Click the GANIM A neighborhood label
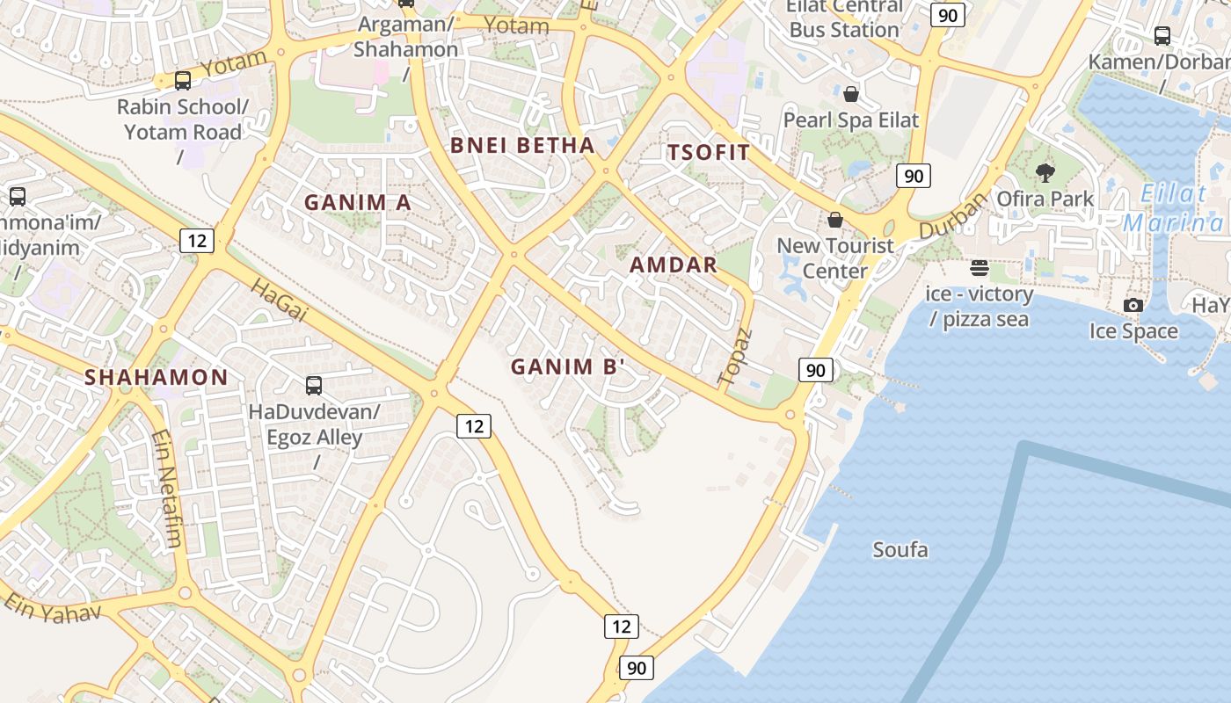(357, 202)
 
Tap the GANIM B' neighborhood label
(567, 366)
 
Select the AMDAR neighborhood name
(674, 265)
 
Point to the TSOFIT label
(709, 152)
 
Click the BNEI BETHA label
(522, 145)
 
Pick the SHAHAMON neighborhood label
(156, 378)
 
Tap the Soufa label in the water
(900, 550)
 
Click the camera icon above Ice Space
(1133, 305)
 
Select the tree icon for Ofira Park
(1045, 172)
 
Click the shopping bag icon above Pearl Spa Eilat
(850, 93)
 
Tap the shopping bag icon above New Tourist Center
(835, 219)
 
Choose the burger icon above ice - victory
(980, 268)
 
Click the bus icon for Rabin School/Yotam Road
(183, 81)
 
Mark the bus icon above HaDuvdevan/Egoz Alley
(314, 385)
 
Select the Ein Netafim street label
(165, 488)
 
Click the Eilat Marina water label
(1173, 208)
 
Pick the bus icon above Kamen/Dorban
(1162, 36)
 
